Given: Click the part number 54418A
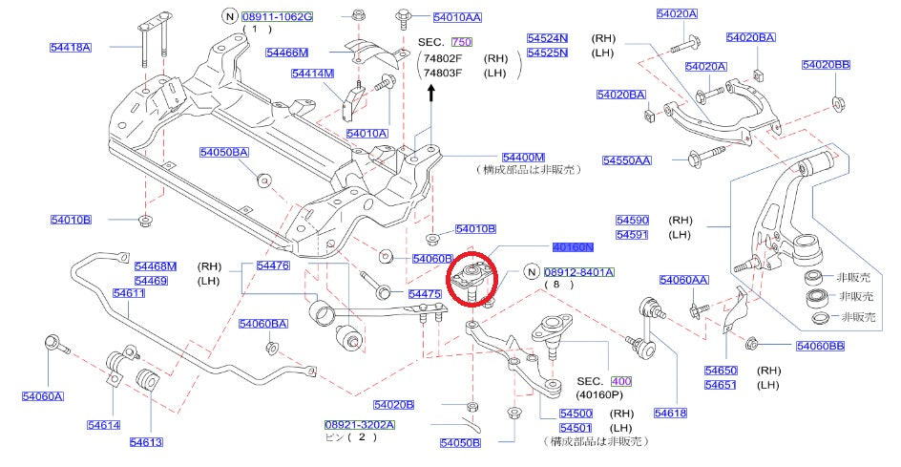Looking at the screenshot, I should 71,46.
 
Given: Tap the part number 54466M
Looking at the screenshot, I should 287,53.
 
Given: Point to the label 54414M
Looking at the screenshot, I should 312,73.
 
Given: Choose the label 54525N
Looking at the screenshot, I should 547,53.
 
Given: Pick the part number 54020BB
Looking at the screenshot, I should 826,65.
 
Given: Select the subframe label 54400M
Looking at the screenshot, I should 523,157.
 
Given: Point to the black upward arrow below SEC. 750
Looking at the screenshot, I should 430,93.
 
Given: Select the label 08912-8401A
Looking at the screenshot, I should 578,272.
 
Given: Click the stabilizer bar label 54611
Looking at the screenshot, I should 129,293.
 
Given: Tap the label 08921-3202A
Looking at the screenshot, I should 357,423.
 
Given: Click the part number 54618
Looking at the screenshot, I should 670,413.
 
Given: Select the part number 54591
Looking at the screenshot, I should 632,234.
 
